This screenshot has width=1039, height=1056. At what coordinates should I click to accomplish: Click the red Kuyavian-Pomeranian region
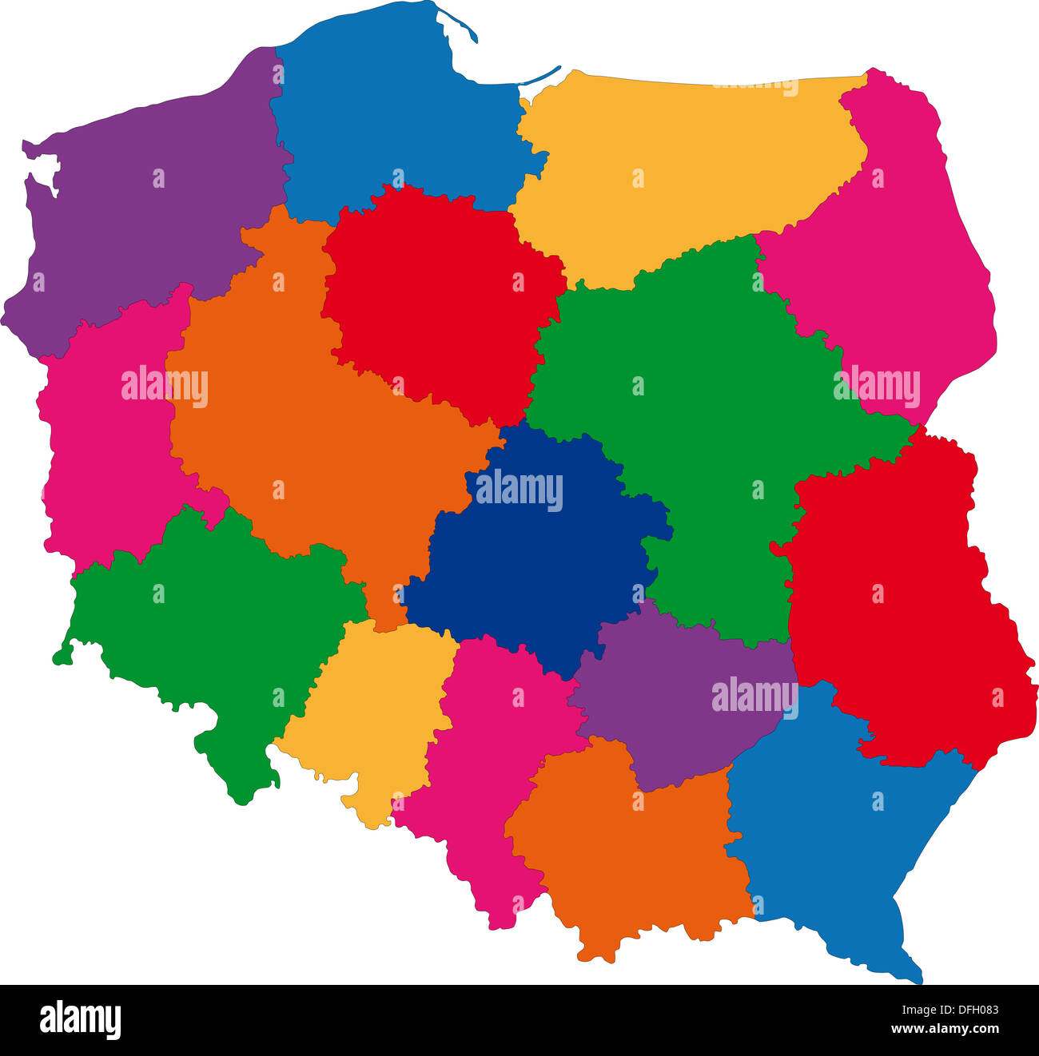440,304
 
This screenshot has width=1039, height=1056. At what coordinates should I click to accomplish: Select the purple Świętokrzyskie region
679,703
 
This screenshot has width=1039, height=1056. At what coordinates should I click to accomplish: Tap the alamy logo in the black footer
80,1020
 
